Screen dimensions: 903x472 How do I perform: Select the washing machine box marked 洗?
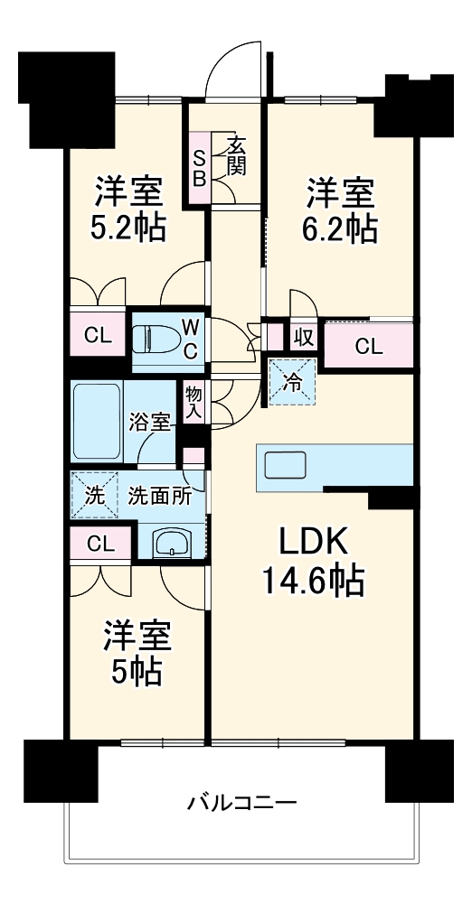click(94, 495)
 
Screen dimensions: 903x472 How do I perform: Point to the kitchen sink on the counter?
click(288, 466)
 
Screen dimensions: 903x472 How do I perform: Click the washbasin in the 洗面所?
click(173, 543)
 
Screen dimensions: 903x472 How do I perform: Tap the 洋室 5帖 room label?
click(136, 652)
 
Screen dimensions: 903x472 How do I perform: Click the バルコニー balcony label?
click(242, 802)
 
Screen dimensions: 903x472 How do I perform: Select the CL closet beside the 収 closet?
click(367, 344)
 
